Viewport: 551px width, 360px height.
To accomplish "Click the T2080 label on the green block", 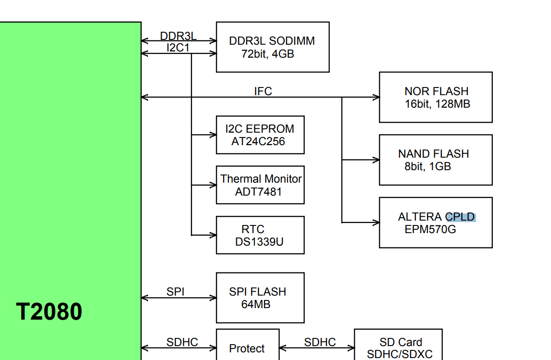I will [x=49, y=311].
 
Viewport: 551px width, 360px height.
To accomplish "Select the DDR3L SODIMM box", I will [x=273, y=47].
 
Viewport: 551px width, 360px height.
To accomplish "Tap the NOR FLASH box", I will [x=436, y=97].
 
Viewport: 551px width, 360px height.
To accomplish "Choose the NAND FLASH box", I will [x=436, y=160].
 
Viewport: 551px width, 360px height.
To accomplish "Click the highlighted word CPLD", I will [x=460, y=217].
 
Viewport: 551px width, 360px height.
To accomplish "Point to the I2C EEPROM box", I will [x=260, y=135].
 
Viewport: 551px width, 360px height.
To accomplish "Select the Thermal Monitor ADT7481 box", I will [x=260, y=185].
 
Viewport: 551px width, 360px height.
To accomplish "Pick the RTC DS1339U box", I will [x=260, y=235].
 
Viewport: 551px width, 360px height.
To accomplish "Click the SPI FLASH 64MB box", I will [x=260, y=298].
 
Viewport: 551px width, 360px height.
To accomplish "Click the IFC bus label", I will [x=263, y=91].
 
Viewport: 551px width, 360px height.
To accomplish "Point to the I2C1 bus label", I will [x=178, y=48].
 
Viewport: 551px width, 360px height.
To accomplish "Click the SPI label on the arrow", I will [x=175, y=292].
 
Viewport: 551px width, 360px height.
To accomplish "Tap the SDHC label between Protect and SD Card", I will [x=320, y=342].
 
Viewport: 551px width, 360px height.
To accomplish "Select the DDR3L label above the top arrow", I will [x=178, y=37].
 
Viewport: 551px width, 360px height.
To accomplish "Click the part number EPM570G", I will [x=430, y=229].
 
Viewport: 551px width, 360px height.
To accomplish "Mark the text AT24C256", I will [x=258, y=141].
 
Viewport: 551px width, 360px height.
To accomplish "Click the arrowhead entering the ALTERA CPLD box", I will [x=376, y=223].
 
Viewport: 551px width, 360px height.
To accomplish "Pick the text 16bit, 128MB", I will [x=438, y=104].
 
